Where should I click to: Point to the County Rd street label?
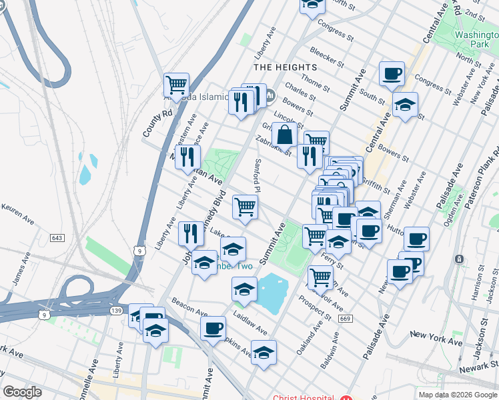155,122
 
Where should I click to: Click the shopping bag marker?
284,134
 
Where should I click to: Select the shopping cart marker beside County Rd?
176,85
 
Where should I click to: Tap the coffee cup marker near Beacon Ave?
213,328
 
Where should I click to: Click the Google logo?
23,391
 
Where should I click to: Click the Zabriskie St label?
277,142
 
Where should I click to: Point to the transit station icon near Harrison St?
459,259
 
